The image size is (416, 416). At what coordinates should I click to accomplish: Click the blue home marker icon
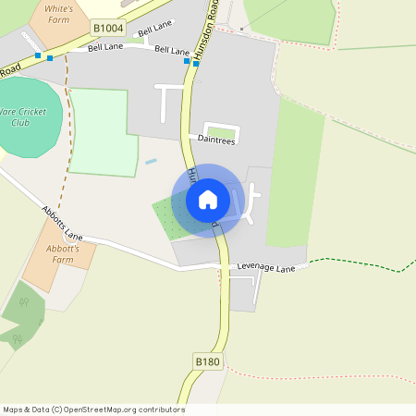click(x=207, y=199)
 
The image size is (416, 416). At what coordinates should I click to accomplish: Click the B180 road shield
click(x=208, y=361)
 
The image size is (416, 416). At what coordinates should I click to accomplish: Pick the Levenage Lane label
click(x=265, y=268)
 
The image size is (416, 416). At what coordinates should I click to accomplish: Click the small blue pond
click(x=151, y=162)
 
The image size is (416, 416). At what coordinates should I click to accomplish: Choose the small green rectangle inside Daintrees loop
click(x=220, y=132)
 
